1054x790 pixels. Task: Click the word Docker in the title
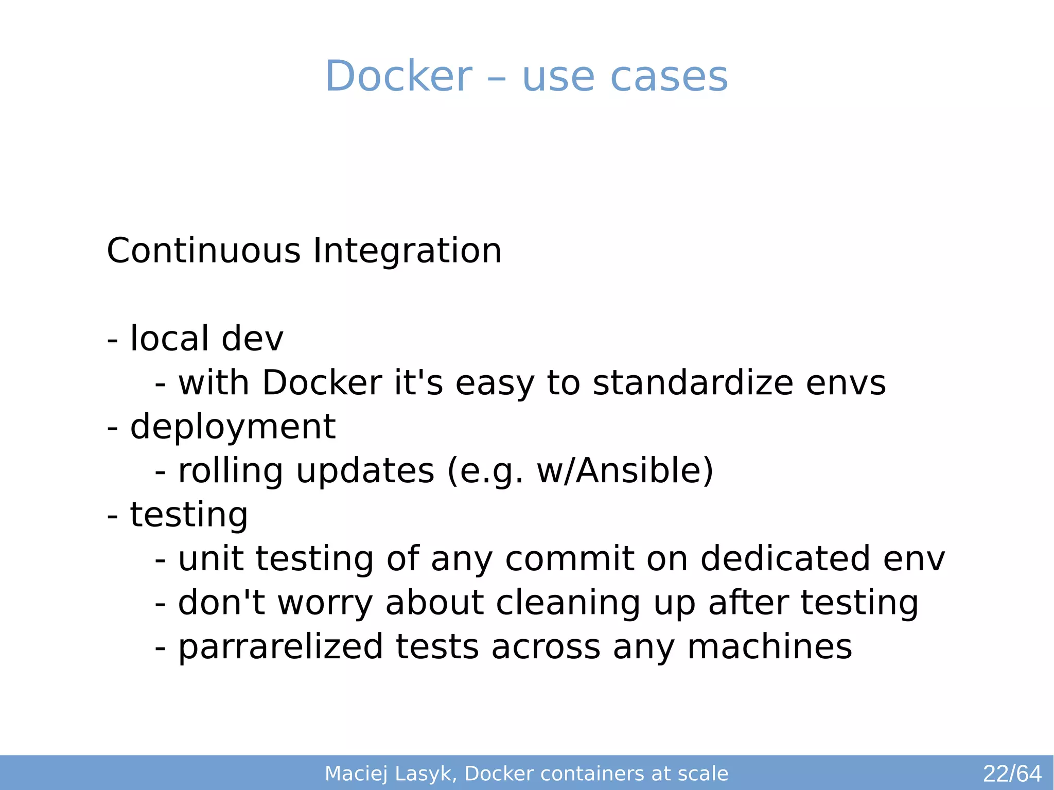click(x=398, y=76)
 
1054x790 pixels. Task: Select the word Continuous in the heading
click(x=203, y=251)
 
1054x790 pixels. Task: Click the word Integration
click(x=407, y=252)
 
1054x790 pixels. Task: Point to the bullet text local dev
click(x=206, y=339)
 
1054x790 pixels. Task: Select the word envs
click(x=846, y=384)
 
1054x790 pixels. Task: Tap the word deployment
click(x=233, y=428)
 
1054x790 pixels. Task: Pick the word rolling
click(x=230, y=471)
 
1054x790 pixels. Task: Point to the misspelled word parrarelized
click(x=280, y=647)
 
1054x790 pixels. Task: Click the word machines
click(x=769, y=647)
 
